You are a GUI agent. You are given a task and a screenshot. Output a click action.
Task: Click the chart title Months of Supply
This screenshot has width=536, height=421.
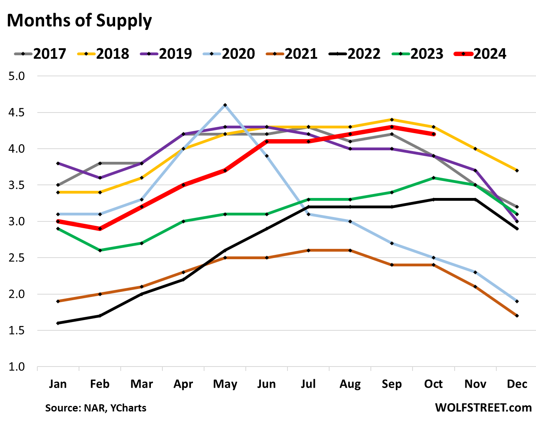tap(79, 21)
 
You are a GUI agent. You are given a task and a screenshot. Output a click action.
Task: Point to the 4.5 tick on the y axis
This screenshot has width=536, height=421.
tap(16, 113)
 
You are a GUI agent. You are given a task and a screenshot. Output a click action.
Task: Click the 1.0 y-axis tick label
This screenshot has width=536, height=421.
tap(16, 367)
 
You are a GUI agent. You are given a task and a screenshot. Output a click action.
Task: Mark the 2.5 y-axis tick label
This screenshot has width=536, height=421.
tap(16, 258)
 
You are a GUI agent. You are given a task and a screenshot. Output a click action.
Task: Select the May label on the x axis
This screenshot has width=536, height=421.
tap(225, 384)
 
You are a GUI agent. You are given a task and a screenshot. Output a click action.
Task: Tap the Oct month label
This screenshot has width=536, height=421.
tap(433, 384)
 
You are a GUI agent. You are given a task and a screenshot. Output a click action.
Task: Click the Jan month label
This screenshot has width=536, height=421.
tap(58, 384)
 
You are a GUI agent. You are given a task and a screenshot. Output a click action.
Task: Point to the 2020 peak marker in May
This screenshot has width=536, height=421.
tap(225, 105)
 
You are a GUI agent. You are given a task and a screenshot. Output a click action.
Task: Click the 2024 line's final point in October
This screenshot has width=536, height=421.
tap(434, 134)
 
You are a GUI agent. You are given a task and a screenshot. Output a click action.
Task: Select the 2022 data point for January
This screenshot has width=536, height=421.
tap(58, 323)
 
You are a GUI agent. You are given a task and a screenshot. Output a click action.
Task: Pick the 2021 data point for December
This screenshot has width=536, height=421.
tap(517, 316)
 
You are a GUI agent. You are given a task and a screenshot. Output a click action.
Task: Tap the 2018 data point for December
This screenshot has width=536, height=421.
tap(517, 171)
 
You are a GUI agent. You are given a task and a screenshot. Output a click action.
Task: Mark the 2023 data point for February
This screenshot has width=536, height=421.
tap(100, 250)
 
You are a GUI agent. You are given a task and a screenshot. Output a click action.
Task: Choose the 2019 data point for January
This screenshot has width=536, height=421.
tap(58, 163)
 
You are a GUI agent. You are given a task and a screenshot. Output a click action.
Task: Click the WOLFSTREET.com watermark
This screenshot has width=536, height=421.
tap(483, 407)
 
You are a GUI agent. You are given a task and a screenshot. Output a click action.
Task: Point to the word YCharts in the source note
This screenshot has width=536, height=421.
tap(128, 408)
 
